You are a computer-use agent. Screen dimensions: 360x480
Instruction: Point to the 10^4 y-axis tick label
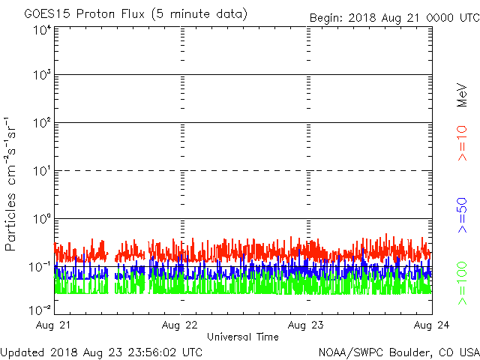click(41, 30)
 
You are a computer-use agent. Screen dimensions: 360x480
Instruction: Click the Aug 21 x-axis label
click(55, 325)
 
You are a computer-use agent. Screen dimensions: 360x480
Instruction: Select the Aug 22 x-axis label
click(181, 325)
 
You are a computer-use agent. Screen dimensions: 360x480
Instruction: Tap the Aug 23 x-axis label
click(307, 325)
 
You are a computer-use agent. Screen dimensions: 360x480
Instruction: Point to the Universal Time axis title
click(242, 337)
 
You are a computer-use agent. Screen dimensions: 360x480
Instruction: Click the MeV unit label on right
click(463, 95)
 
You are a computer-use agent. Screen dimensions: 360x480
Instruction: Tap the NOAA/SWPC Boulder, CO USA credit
click(398, 352)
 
